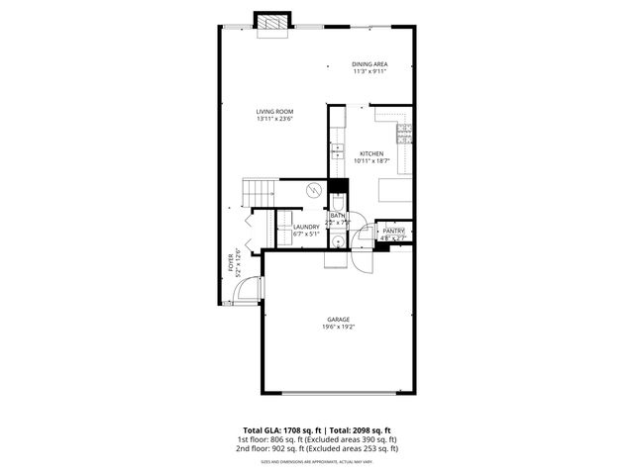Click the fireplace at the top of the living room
click(271, 24)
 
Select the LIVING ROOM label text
click(275, 112)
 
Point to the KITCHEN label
click(371, 153)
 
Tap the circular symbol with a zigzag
click(313, 190)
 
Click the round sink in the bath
click(337, 240)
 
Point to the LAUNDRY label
click(305, 228)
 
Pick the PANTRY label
click(394, 231)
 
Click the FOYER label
click(231, 261)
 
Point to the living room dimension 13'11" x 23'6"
click(275, 120)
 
